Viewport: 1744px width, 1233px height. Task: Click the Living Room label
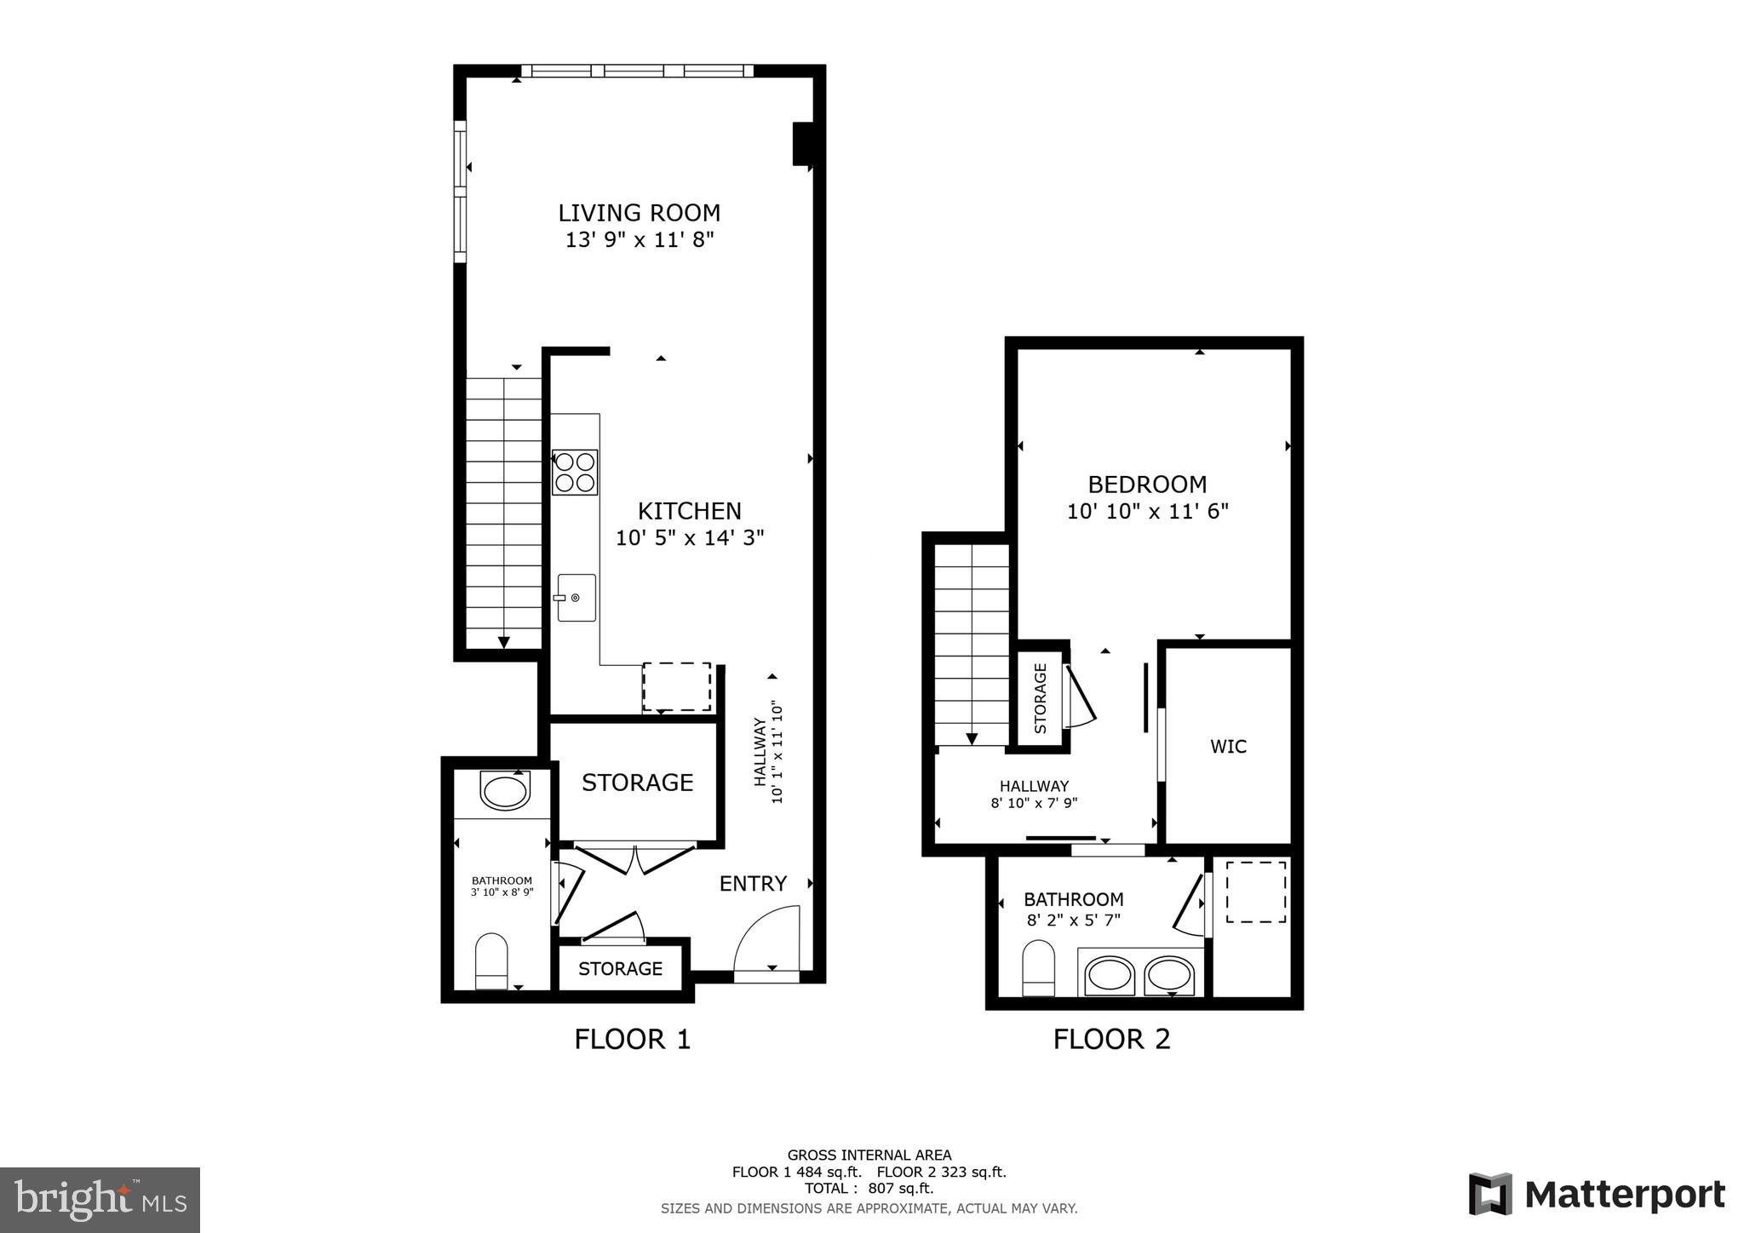pos(639,213)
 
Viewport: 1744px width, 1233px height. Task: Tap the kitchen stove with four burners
pos(575,473)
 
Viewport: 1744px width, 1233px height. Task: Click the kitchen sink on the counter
pos(577,598)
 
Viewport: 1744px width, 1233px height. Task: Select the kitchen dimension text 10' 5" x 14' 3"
pos(690,538)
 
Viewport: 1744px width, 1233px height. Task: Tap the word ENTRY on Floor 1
pos(753,884)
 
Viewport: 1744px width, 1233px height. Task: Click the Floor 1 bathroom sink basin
pos(505,791)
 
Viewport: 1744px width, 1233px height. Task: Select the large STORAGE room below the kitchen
pos(637,783)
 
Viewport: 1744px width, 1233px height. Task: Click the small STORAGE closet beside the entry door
pos(620,969)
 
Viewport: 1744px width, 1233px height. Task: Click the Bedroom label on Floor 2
pos(1147,485)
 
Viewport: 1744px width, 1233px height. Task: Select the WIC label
pos(1228,747)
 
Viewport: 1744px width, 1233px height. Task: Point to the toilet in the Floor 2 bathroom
pos(1038,967)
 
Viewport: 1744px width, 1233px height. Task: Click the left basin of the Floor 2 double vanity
pos(1110,974)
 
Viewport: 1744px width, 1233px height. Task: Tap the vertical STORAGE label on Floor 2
pos(1040,698)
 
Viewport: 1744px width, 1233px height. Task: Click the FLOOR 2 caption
pos(1111,1039)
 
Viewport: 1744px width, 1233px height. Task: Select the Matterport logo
pos(1597,1195)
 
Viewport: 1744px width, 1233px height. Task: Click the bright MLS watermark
pos(100,1201)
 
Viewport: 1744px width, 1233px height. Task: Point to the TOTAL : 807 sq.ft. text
pos(869,1188)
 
